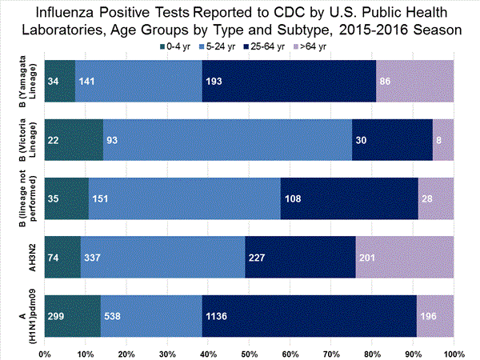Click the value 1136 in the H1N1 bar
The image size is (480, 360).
coord(216,317)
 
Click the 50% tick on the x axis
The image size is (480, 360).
coord(249,352)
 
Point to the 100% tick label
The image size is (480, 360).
coord(453,352)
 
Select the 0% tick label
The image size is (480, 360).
coord(45,352)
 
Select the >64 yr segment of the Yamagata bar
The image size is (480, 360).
coord(414,81)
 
